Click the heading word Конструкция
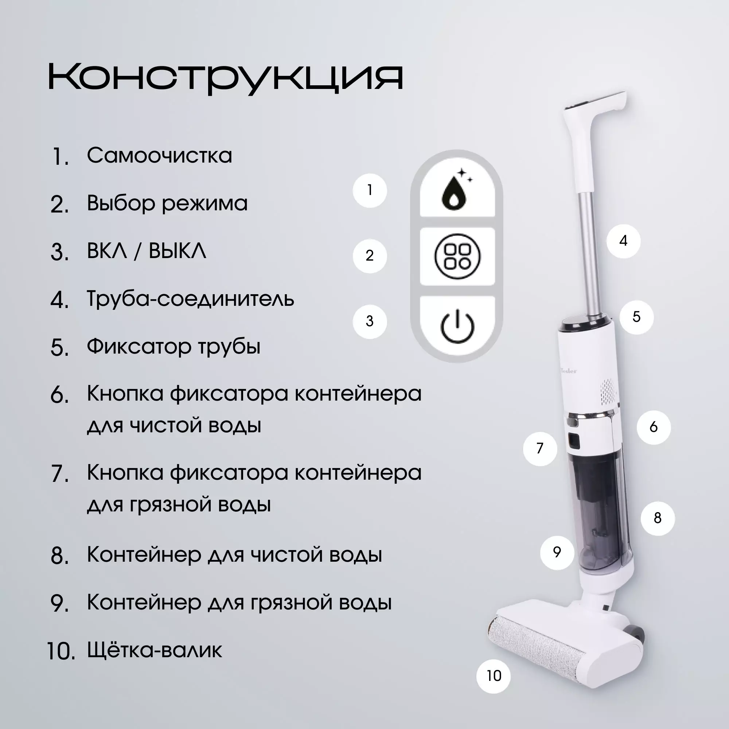[226, 78]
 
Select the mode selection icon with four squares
[457, 256]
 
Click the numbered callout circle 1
[370, 190]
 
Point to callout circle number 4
[623, 241]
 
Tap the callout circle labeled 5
[636, 317]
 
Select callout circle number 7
[540, 449]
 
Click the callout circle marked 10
[494, 676]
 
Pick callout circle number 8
[658, 518]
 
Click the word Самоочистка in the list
[159, 156]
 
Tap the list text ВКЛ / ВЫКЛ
[147, 250]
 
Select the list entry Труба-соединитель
[190, 299]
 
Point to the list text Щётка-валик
[155, 650]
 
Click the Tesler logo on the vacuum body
[569, 371]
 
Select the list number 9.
[60, 603]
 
